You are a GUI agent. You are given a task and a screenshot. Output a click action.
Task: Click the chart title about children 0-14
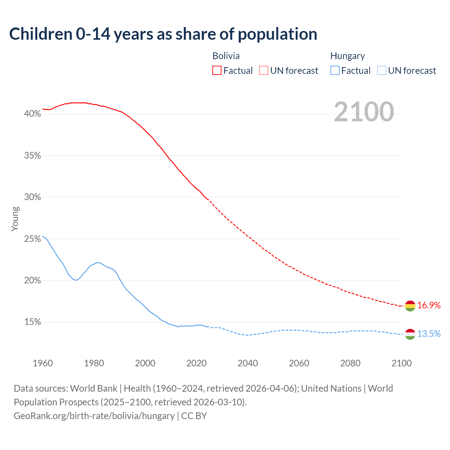coord(163,34)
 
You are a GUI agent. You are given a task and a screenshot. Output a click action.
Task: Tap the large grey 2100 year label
coord(364,112)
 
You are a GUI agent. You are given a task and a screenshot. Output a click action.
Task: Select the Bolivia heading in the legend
coord(226,56)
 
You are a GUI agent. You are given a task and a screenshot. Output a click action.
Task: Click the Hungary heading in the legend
coord(347,56)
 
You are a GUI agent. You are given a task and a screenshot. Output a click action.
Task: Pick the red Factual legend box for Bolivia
coord(217,71)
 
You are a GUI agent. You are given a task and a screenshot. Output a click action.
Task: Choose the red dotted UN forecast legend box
coord(264,71)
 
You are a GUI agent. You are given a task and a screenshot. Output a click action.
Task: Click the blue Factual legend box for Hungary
coord(335,71)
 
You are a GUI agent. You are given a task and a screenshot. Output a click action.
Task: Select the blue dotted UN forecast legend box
coord(381,71)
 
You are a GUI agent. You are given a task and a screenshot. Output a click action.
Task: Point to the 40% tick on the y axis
coord(32,114)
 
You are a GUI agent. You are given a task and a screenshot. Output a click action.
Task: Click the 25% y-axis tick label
coord(32,239)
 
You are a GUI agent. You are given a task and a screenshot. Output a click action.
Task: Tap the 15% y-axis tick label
coord(32,322)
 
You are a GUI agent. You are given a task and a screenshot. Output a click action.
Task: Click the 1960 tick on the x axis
coord(43,363)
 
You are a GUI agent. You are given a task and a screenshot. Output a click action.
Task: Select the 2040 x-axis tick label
coord(248,363)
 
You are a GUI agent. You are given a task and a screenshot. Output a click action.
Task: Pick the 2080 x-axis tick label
coord(350,363)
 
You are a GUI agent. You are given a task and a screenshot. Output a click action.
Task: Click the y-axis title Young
coord(15,219)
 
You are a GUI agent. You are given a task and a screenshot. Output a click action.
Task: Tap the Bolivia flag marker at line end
coord(410,306)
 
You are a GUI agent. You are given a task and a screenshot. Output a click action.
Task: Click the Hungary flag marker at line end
coord(410,334)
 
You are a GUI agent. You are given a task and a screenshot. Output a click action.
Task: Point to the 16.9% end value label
coord(429,306)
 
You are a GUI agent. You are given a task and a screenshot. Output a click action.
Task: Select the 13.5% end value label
coord(429,334)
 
